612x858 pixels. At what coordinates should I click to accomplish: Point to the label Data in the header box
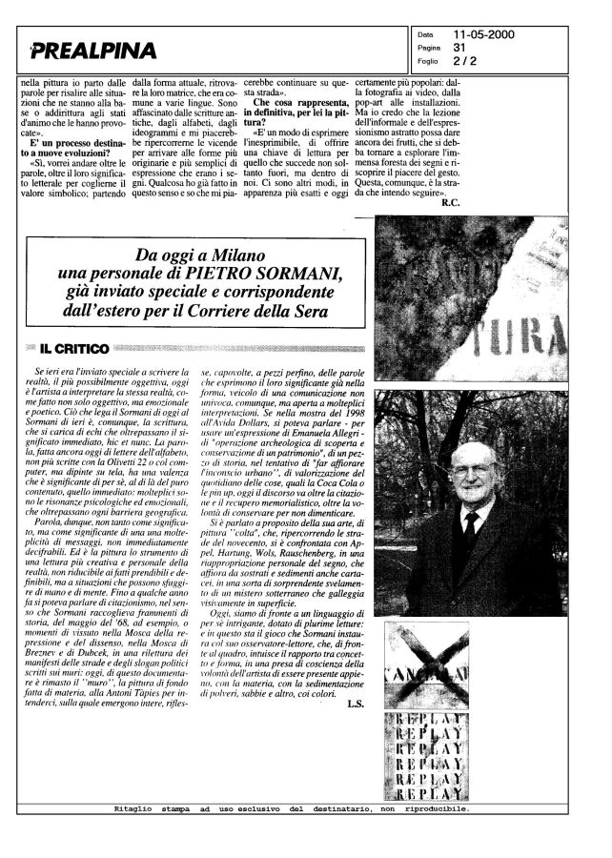click(x=426, y=35)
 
